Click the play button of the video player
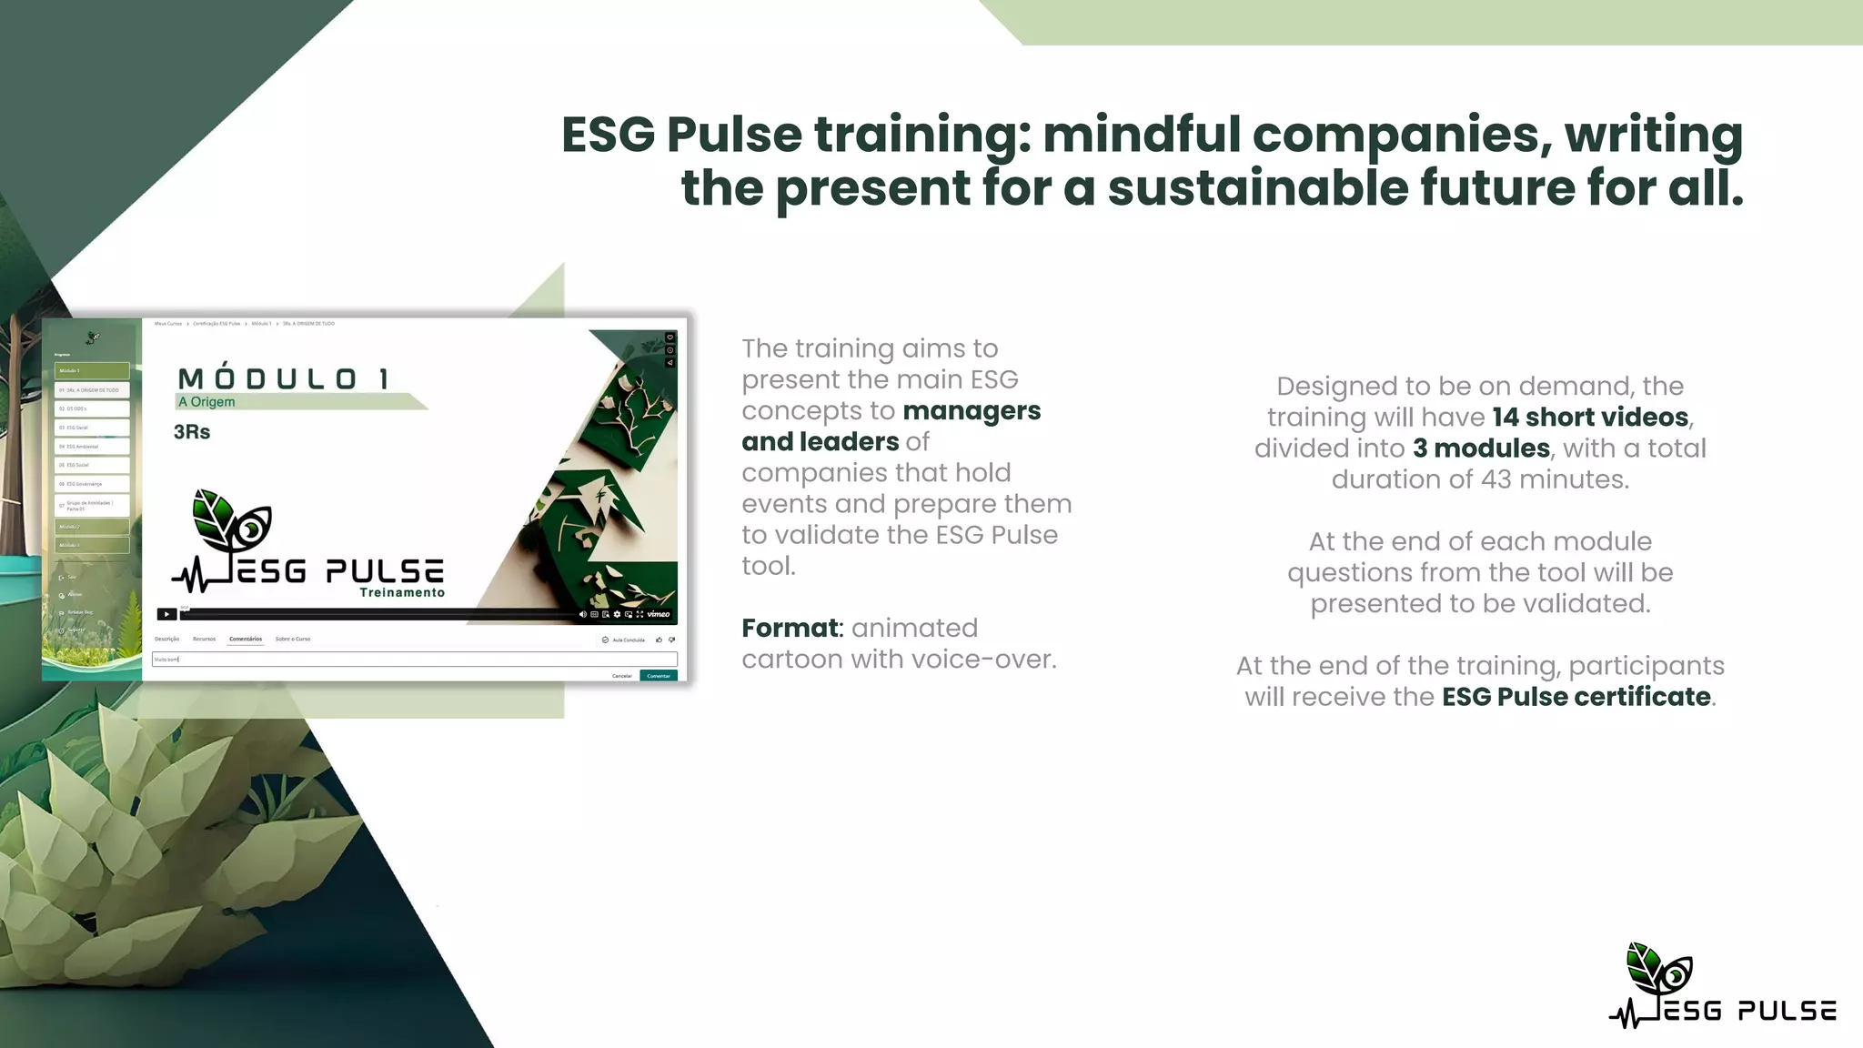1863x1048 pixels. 166,614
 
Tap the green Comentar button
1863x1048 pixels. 659,676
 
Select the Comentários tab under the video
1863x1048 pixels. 246,639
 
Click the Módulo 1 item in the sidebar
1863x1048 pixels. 92,371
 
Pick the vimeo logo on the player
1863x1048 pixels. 659,614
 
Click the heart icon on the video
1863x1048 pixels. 670,338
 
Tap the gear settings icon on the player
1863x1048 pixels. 617,614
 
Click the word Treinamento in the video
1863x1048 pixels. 402,592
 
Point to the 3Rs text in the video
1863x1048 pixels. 192,432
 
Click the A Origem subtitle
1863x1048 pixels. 206,402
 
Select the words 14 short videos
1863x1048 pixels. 1590,417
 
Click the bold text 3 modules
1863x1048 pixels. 1481,448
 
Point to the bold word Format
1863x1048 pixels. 790,628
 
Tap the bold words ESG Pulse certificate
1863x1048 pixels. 1576,696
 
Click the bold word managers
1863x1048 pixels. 972,410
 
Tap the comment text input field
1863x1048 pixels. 415,659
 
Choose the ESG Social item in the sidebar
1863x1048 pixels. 92,465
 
